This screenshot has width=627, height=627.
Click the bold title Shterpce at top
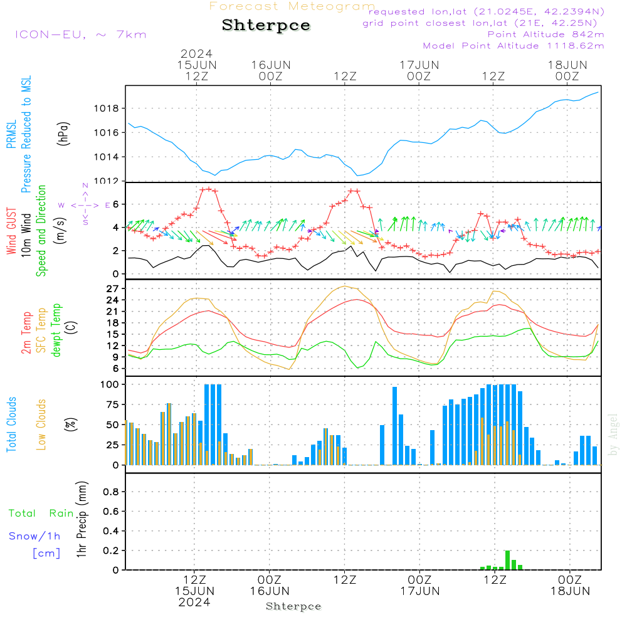(x=266, y=26)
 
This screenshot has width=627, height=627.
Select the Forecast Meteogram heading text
(x=292, y=6)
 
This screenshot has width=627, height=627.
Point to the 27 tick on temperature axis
(x=112, y=288)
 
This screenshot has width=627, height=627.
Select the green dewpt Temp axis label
(x=57, y=330)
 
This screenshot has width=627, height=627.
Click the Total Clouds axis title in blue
(x=12, y=424)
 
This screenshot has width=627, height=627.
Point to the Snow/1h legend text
(x=34, y=536)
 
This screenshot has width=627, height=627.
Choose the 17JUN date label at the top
(x=419, y=65)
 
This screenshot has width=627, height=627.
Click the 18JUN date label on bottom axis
(x=569, y=591)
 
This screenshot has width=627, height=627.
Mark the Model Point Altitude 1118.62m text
(x=513, y=46)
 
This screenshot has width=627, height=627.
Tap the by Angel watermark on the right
(x=614, y=434)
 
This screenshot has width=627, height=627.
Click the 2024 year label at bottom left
(x=194, y=602)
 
